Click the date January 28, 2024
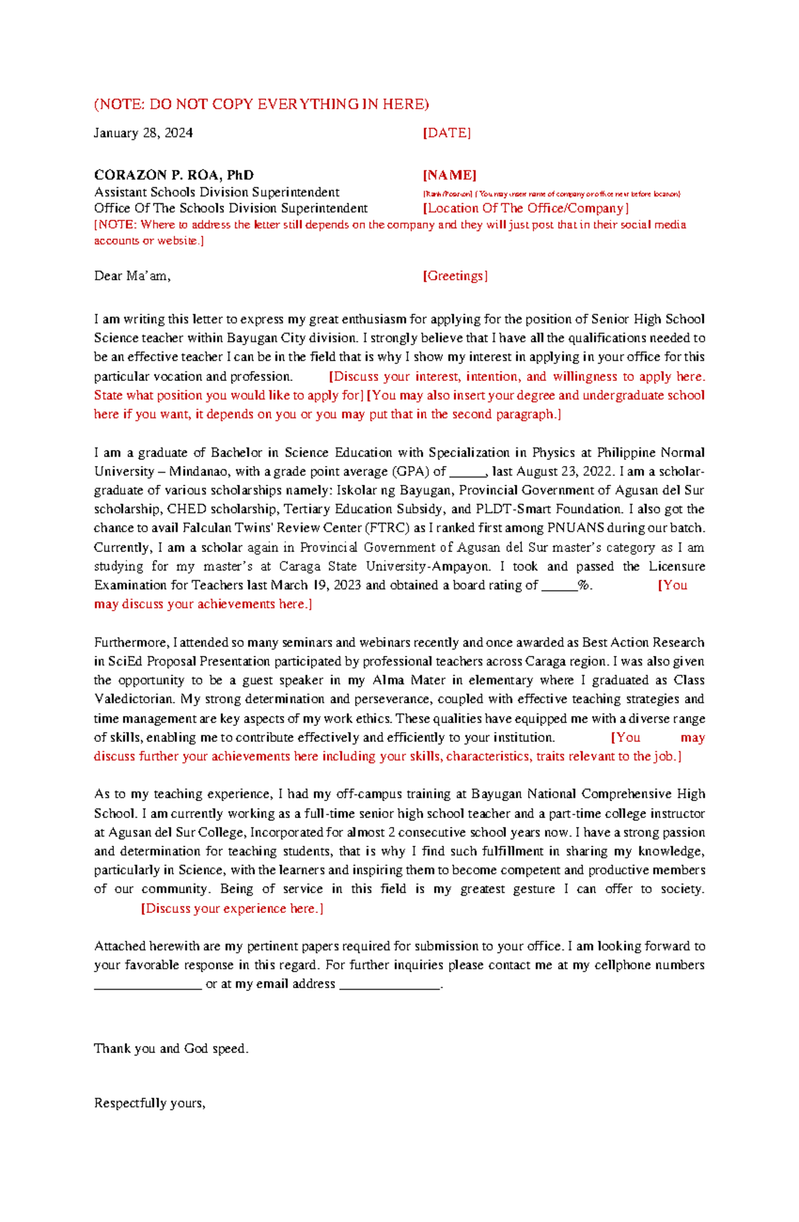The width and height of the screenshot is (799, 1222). tap(143, 133)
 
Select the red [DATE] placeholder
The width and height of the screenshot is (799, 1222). tap(447, 133)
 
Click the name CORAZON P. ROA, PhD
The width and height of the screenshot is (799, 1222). tap(174, 175)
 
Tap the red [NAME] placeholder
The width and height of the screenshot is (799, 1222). tap(449, 175)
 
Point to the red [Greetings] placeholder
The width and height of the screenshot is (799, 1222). tap(455, 276)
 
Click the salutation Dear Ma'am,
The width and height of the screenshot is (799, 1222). tap(133, 276)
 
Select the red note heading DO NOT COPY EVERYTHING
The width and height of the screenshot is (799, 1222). tap(262, 104)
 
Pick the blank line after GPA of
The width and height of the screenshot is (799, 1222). tap(469, 472)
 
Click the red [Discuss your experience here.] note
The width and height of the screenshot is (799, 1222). tap(232, 909)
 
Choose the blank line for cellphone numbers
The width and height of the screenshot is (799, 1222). tap(148, 985)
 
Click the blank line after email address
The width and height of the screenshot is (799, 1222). tap(390, 985)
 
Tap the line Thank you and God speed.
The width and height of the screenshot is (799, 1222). tap(171, 1049)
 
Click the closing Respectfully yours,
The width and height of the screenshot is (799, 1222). tap(150, 1103)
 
